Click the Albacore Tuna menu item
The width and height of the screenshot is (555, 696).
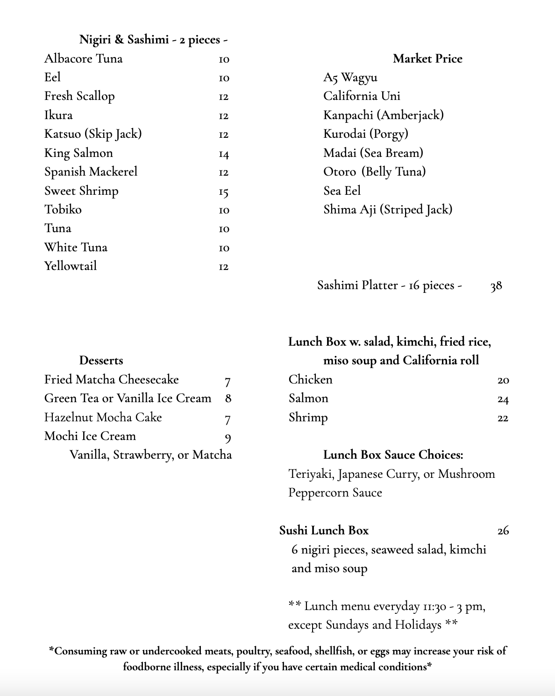click(83, 59)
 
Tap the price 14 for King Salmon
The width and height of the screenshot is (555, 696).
click(224, 154)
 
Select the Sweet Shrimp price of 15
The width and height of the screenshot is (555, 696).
click(224, 192)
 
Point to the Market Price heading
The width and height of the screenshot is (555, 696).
click(427, 59)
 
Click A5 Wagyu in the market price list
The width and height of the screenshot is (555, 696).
click(350, 78)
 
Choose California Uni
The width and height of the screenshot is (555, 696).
click(362, 96)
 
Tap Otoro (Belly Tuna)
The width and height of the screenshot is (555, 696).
click(374, 172)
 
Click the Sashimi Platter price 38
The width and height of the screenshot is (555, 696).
click(496, 286)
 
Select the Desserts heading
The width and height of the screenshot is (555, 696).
click(101, 361)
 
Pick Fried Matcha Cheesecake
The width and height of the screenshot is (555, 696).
click(111, 380)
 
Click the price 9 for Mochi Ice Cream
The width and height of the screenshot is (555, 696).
click(228, 438)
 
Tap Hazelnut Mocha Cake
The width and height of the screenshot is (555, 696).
click(103, 418)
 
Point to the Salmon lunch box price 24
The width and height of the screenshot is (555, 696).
click(503, 399)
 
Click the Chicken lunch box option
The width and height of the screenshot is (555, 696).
click(310, 380)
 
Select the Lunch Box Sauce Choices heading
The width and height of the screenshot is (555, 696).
click(393, 455)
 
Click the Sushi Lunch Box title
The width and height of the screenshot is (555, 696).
click(324, 531)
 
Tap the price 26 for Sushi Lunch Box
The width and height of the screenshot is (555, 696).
click(503, 531)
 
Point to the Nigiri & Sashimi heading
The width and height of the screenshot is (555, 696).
click(153, 40)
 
